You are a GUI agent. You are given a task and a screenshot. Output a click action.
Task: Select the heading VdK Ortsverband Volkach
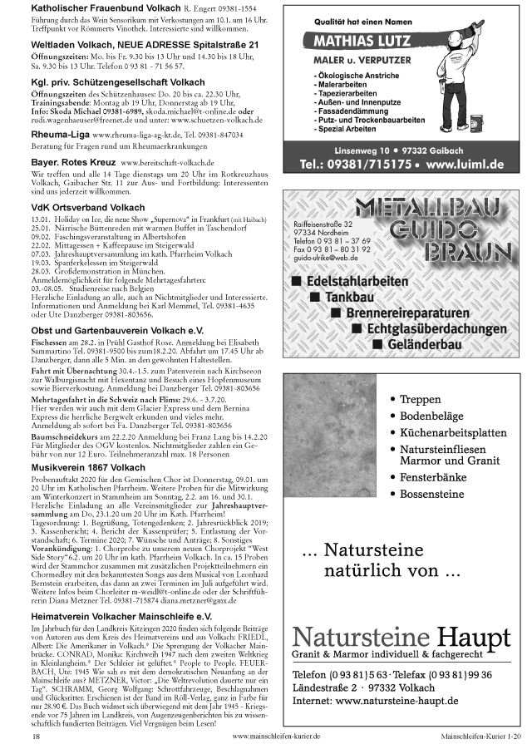[76, 207]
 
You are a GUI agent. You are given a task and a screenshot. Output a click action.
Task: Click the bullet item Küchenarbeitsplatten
[453, 433]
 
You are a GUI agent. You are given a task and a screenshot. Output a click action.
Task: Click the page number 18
[36, 736]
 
